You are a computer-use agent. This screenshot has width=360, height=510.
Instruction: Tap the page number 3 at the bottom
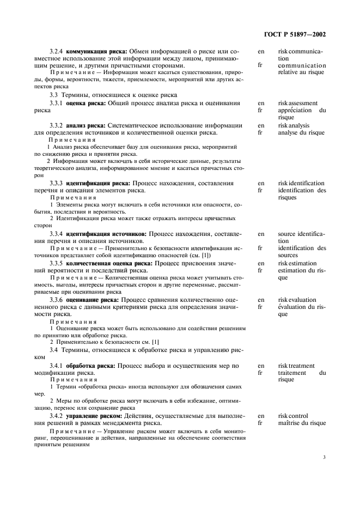pyautogui.click(x=324, y=457)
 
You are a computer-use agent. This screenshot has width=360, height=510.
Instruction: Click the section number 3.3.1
pyautogui.click(x=57, y=102)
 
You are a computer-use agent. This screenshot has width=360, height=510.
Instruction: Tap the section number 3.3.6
pyautogui.click(x=57, y=300)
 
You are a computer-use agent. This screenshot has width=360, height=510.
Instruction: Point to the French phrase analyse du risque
pyautogui.click(x=302, y=132)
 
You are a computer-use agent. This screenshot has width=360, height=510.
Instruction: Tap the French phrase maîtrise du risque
pyautogui.click(x=302, y=423)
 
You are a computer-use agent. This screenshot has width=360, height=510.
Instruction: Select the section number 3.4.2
pyautogui.click(x=57, y=416)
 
